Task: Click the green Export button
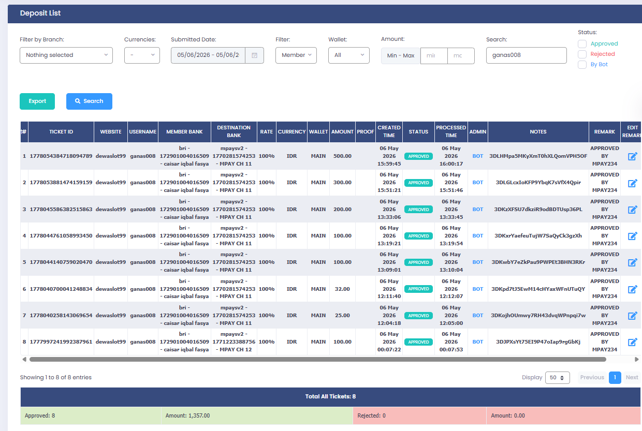(x=37, y=101)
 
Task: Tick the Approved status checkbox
(x=582, y=44)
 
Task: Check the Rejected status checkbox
(x=582, y=54)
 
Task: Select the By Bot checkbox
(x=582, y=65)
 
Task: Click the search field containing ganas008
(x=526, y=55)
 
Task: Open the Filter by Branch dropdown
(x=66, y=55)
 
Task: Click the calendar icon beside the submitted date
(x=254, y=55)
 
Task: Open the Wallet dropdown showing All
(x=348, y=55)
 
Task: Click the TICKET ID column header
(x=61, y=132)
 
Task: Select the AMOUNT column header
(x=342, y=132)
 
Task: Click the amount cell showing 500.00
(x=342, y=156)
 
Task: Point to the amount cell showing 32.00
(x=342, y=289)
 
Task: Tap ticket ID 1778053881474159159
(x=61, y=183)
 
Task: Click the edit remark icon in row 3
(x=632, y=210)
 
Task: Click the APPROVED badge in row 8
(x=418, y=342)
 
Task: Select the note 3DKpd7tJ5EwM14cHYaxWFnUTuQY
(x=538, y=289)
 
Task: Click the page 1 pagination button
(x=615, y=377)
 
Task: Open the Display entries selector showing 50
(x=557, y=377)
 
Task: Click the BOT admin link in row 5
(x=477, y=262)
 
